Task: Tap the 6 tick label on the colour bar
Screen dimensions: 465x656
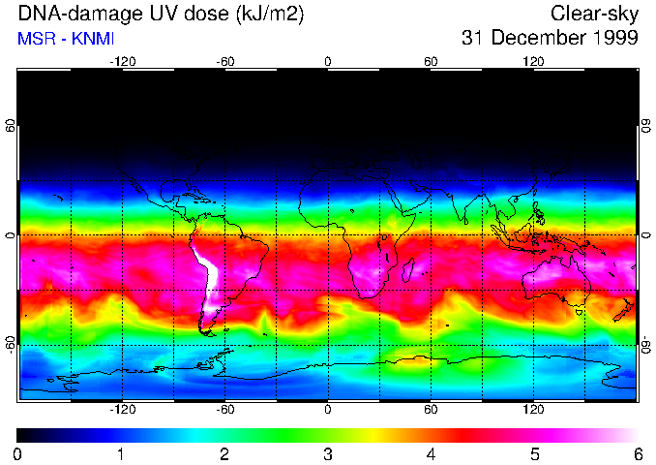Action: (x=637, y=453)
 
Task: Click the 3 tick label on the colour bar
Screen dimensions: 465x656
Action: (x=327, y=453)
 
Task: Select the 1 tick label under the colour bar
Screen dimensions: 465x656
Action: (x=121, y=453)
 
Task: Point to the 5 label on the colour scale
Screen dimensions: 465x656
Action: (x=534, y=453)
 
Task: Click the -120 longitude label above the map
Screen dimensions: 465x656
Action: (x=122, y=62)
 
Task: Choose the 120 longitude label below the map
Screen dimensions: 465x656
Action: (x=533, y=409)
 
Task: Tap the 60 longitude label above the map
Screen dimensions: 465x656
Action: (x=431, y=62)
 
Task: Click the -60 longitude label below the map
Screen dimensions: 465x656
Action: (x=224, y=409)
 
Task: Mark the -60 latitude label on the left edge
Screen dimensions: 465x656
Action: (x=11, y=345)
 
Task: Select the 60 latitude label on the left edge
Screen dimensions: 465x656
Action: (x=11, y=126)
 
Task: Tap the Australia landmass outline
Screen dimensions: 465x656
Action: (x=557, y=281)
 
